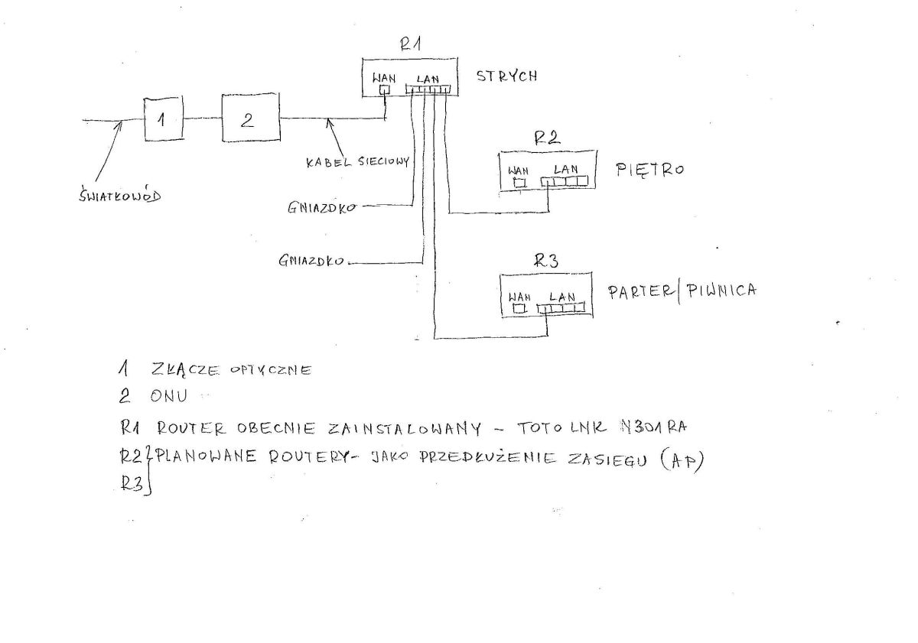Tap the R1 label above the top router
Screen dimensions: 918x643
coord(411,44)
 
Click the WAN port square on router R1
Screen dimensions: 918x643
coord(385,89)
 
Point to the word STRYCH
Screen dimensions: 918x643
coord(506,76)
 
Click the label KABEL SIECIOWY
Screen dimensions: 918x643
coord(358,162)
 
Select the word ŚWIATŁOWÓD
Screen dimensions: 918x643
coord(119,196)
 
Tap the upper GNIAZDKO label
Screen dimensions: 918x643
coord(322,208)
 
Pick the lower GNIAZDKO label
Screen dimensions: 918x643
coord(311,261)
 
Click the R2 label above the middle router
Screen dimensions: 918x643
coord(548,138)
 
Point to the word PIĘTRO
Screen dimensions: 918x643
coord(650,170)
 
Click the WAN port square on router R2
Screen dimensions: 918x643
coord(520,183)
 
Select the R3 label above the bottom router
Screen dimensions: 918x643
coord(546,261)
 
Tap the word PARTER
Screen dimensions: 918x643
coord(640,292)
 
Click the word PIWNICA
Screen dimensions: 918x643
coord(721,291)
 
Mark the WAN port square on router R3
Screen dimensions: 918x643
coord(519,308)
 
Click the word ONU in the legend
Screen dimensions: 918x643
coord(169,396)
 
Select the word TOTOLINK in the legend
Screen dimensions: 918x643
coord(562,428)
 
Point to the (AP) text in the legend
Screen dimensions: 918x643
coord(682,461)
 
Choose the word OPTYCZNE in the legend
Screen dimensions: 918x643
coord(271,370)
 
